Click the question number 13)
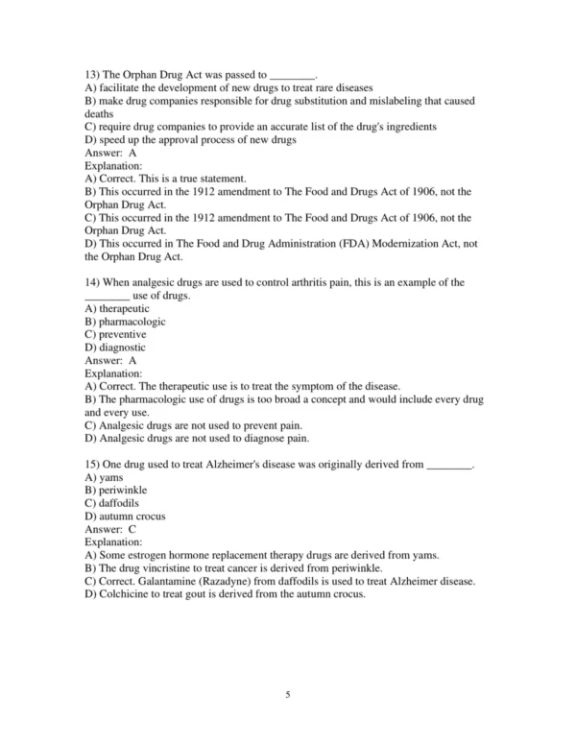tap(93, 73)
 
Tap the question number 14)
tap(93, 283)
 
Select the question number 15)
tap(93, 465)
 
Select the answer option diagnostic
tap(115, 348)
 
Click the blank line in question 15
tap(449, 465)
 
